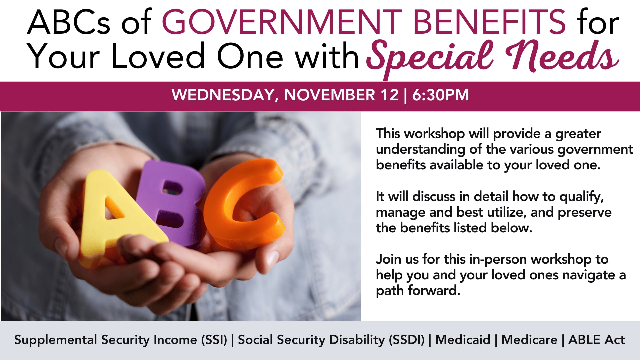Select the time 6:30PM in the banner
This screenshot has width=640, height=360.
[440, 95]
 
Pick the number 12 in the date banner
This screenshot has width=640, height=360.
[389, 95]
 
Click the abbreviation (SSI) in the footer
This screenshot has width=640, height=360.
[214, 340]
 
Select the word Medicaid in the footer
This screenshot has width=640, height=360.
[463, 340]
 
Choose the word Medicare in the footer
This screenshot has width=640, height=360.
[529, 340]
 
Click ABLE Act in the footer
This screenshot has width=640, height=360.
[597, 340]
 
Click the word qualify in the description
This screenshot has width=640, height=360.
[581, 197]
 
